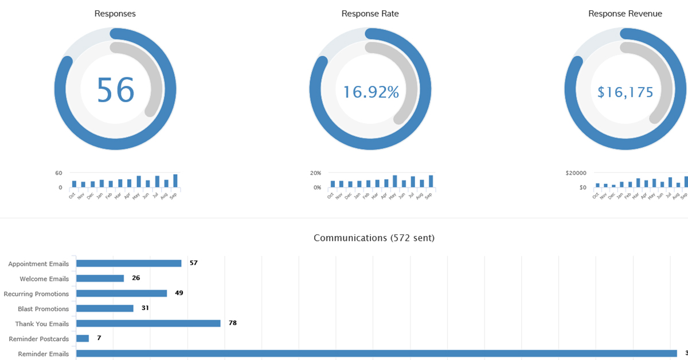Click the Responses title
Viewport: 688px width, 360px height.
click(115, 14)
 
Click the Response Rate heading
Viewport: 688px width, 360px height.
click(370, 14)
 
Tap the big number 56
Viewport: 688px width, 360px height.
click(115, 90)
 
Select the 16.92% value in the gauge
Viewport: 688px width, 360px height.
click(371, 92)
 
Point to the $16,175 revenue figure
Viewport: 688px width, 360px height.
click(625, 92)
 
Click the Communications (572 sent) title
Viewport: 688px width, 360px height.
click(374, 238)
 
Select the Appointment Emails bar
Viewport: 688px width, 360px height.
click(129, 263)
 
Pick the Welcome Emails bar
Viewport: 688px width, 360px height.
click(100, 278)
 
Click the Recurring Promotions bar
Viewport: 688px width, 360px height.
click(122, 293)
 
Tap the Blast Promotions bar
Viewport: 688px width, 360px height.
click(105, 308)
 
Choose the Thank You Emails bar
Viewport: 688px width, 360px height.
click(148, 323)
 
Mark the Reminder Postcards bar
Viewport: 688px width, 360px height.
click(83, 338)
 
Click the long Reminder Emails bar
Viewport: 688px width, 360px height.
click(377, 353)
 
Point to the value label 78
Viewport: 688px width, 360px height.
click(232, 323)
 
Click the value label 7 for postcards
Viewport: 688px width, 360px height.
click(99, 338)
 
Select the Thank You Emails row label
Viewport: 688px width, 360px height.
click(42, 324)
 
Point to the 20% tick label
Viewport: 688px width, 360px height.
click(316, 173)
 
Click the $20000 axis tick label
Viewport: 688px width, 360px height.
click(575, 173)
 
